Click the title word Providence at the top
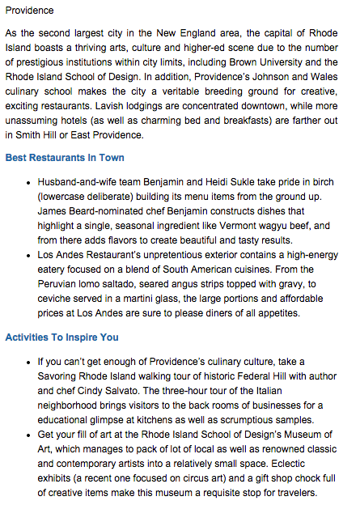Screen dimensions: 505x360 pos(29,11)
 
